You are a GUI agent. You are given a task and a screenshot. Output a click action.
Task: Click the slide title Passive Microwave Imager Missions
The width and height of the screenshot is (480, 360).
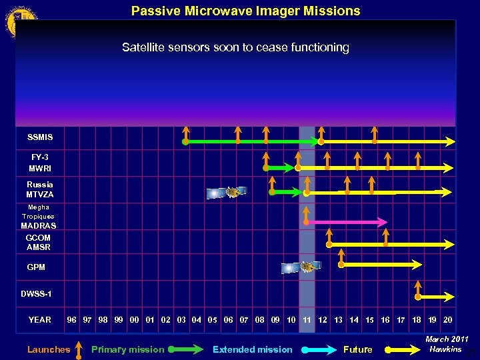(245, 11)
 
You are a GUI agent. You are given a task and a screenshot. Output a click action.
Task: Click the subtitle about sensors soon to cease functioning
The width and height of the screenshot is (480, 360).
(235, 47)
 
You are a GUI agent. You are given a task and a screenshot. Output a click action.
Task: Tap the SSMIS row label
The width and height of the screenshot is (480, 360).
(40, 137)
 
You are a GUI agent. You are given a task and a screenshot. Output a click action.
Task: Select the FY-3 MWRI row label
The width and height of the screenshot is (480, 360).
(40, 163)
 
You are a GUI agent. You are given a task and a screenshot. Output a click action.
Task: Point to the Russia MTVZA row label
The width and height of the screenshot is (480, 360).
(40, 189)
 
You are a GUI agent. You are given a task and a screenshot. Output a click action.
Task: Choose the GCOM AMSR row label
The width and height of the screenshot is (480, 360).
(38, 243)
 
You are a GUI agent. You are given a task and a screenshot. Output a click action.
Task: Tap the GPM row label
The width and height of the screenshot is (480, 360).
(36, 267)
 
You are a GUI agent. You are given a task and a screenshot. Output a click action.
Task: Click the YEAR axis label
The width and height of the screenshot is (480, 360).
(39, 320)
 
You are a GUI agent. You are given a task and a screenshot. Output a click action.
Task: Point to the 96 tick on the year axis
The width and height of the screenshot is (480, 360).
(71, 320)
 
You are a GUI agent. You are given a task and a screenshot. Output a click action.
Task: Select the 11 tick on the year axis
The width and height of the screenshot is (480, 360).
(307, 320)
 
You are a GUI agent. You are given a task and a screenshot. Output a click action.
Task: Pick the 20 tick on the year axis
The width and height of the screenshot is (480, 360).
(447, 320)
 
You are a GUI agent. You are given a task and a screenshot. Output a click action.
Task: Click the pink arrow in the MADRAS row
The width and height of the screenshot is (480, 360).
(347, 221)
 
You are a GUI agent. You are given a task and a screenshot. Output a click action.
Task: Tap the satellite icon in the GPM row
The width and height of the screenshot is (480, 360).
(301, 267)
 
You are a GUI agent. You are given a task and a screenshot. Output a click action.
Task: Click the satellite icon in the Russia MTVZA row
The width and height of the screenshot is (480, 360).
(226, 193)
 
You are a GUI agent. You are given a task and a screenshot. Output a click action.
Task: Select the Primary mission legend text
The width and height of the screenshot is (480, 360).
(127, 349)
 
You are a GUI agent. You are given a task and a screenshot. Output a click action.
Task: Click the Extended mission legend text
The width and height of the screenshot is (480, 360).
(252, 349)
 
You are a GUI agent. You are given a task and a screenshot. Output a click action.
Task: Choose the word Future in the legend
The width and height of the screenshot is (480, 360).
(357, 349)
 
